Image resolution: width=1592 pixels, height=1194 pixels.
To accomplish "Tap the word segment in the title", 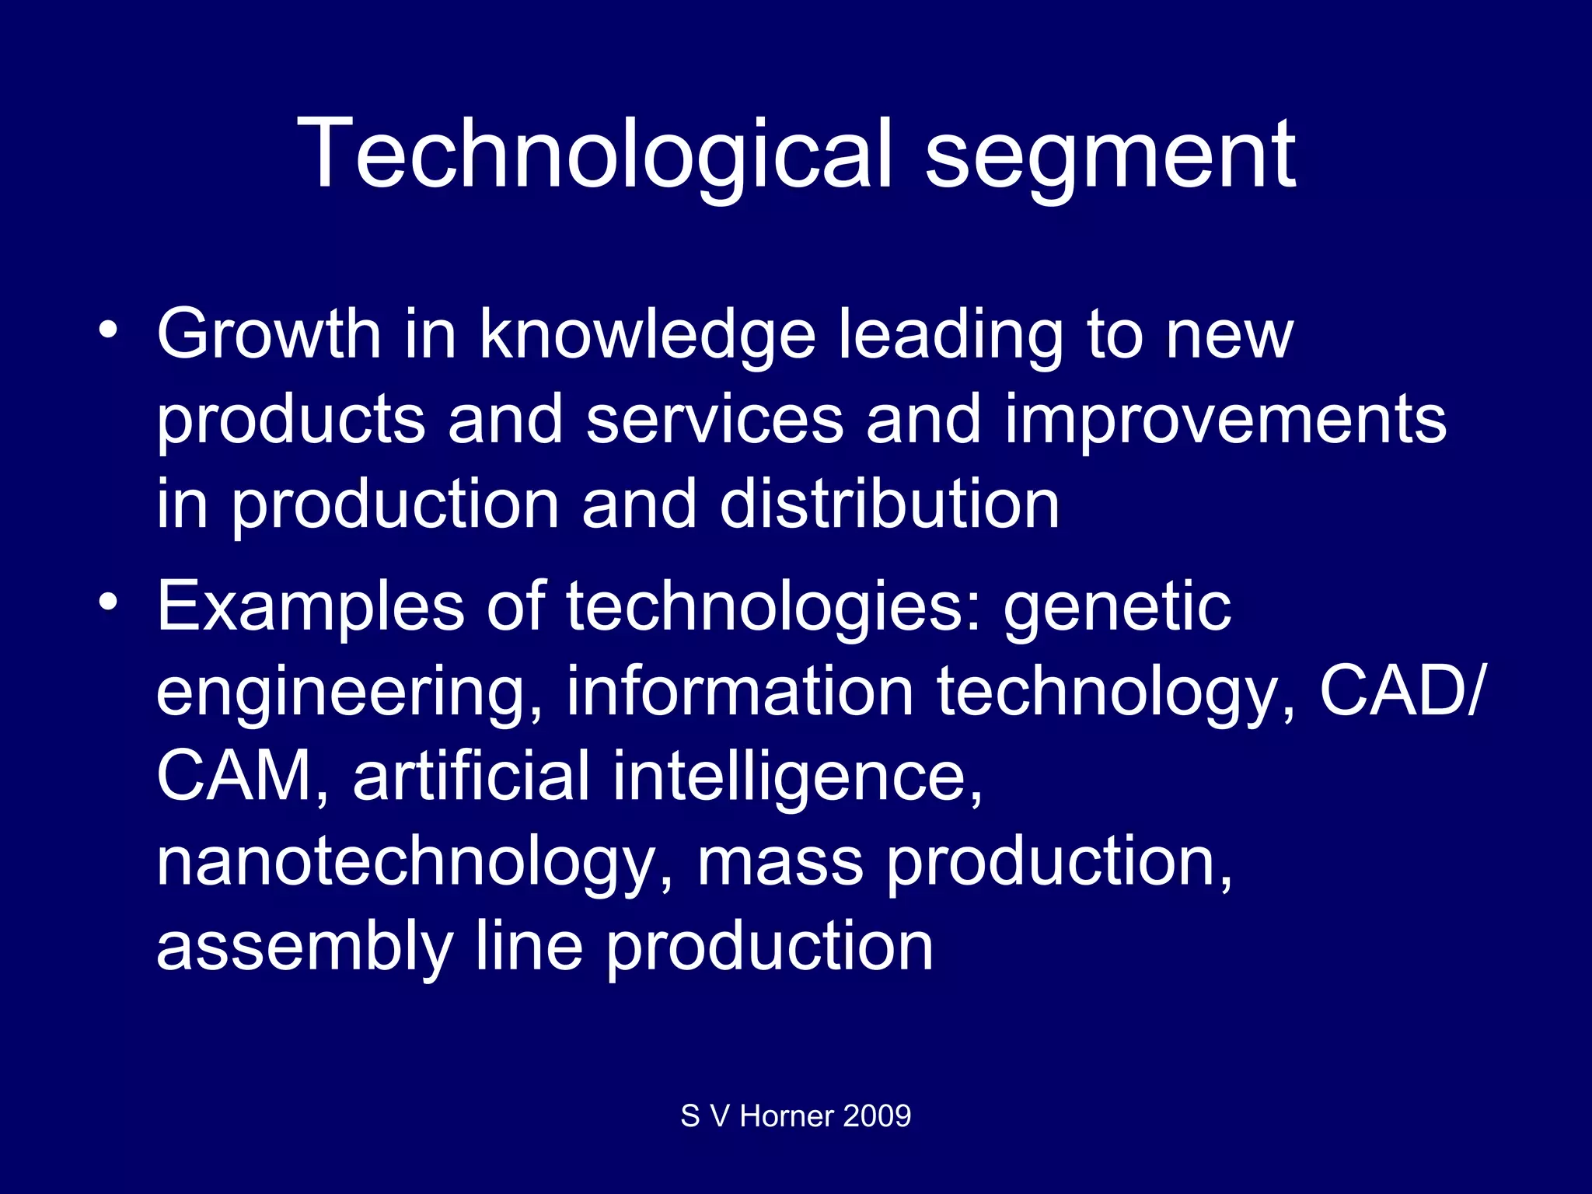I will click(x=1110, y=159).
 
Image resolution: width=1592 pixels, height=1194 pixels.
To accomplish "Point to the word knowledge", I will click(x=647, y=336).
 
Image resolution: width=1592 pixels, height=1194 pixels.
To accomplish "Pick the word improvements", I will click(x=1225, y=421).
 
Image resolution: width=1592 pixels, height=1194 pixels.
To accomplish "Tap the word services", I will click(x=714, y=420).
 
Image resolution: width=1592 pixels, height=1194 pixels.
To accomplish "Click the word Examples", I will click(x=310, y=608).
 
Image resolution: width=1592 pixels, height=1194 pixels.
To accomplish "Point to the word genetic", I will click(x=1117, y=608).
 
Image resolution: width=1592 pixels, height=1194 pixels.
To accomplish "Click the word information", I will click(x=739, y=692).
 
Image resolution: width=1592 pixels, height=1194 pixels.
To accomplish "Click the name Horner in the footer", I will click(x=787, y=1116).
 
